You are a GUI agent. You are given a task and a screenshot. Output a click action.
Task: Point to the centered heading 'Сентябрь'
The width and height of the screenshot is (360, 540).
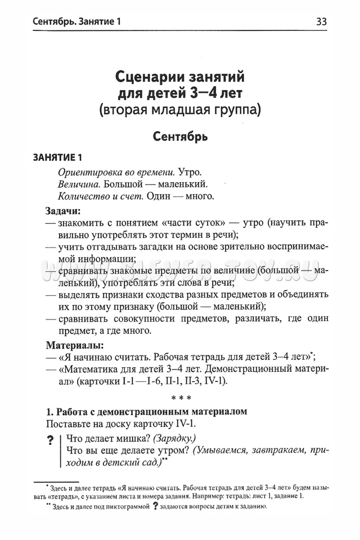pos(180,137)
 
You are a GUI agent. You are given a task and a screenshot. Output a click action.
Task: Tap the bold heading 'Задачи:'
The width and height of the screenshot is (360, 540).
pos(62,211)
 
